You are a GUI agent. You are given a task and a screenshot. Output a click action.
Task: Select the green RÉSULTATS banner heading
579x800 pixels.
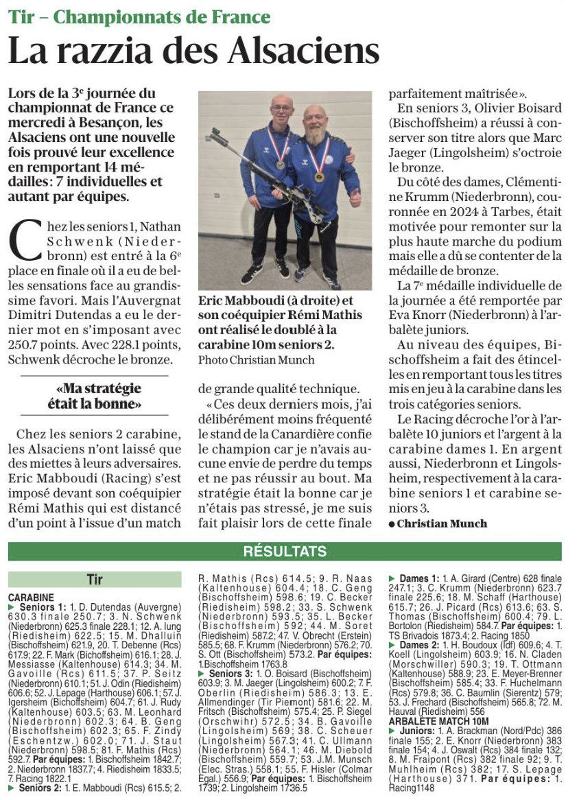coord(285,552)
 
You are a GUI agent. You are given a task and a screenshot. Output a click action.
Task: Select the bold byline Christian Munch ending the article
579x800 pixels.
coord(442,523)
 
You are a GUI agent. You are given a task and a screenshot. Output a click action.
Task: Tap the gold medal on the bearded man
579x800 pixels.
coord(320,176)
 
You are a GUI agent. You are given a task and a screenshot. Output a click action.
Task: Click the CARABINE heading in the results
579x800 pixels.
coord(31,598)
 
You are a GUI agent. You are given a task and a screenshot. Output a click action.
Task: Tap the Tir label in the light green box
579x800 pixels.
coord(95,580)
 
